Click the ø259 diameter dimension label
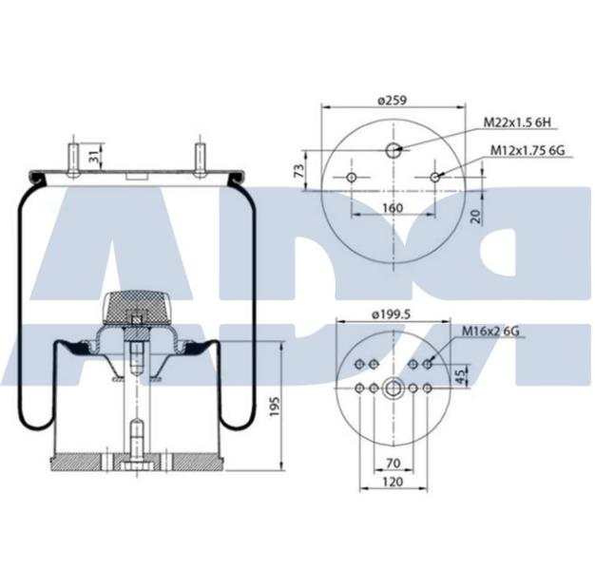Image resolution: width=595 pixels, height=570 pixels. [393, 101]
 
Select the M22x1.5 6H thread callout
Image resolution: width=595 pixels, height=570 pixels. [517, 123]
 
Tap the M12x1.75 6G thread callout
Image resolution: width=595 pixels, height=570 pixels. [528, 150]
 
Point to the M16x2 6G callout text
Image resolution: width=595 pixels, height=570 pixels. [490, 332]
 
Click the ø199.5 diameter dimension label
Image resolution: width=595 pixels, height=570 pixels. [392, 314]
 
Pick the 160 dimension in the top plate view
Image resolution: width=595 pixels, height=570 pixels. [393, 208]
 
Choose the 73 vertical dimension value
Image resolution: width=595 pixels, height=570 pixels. [299, 171]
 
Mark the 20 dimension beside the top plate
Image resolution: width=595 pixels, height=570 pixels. [476, 216]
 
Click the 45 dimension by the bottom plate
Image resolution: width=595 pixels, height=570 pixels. [460, 376]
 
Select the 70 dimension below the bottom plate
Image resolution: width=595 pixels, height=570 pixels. [393, 463]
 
